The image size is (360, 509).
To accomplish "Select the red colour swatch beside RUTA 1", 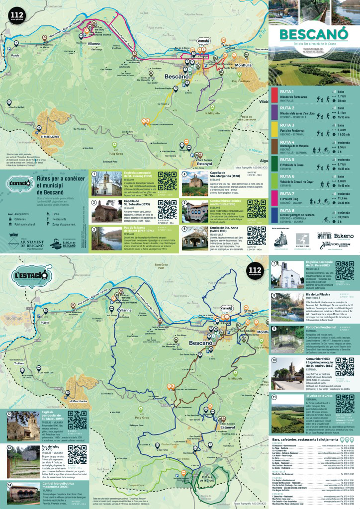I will (274, 96).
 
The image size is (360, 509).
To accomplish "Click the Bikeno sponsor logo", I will (344, 236).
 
